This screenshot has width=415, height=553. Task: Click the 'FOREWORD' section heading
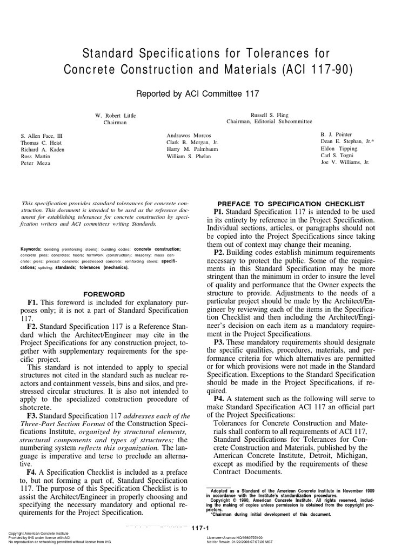coord(104,294)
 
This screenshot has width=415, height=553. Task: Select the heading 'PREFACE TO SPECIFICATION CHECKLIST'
coord(291,203)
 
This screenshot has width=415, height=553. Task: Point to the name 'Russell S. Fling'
coord(270,115)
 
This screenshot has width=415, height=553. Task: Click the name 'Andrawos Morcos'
coord(189,134)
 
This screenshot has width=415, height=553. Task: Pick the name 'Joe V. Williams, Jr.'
coord(345,162)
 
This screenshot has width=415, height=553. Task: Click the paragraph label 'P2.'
coord(221,252)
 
